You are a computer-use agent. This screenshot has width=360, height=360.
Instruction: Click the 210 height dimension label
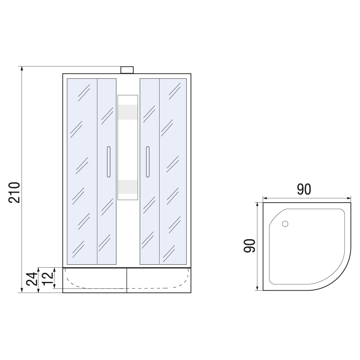[14, 192]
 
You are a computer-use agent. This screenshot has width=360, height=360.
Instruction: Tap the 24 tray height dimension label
[32, 279]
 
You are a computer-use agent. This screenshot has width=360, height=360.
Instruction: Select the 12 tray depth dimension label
[48, 279]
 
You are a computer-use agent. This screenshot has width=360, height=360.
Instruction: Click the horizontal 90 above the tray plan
[304, 189]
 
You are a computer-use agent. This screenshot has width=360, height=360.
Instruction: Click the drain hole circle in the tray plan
[285, 224]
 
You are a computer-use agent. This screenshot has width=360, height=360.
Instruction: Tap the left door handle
[108, 162]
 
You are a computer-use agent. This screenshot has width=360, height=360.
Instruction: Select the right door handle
[148, 162]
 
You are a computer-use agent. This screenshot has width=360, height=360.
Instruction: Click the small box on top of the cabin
[127, 70]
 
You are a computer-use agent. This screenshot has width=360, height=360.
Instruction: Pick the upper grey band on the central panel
[128, 112]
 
